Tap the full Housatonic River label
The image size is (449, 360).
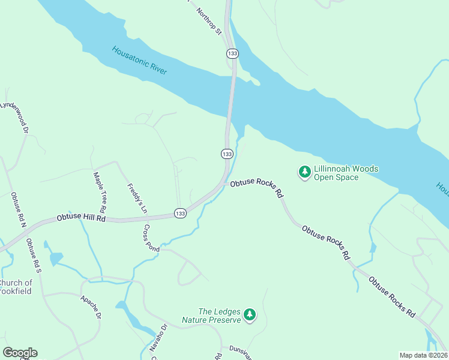tap(139, 61)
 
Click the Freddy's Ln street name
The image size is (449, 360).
tap(136, 199)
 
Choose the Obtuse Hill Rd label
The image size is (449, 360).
tap(81, 219)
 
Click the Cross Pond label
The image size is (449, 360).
tap(151, 238)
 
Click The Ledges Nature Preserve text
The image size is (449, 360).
tap(220, 316)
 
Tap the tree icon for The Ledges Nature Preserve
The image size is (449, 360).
tap(250, 314)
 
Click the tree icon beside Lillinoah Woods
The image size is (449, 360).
tap(305, 173)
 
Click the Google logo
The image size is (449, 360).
tap(20, 353)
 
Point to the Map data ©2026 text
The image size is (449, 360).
tap(424, 355)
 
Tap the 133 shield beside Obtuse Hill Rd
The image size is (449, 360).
tap(180, 213)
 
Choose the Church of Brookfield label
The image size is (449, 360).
tap(17, 287)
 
